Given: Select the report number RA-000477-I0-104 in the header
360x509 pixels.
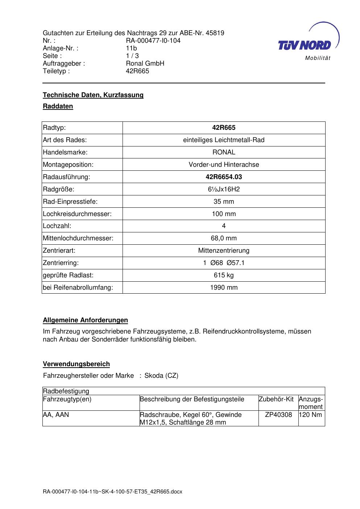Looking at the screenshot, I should point(153,41).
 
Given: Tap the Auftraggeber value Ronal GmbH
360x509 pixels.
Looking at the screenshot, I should point(145,63).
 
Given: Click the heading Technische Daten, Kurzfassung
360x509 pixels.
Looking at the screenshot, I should point(93,95).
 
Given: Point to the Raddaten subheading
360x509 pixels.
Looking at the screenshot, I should point(58,106).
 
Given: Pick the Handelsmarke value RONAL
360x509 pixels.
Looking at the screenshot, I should point(224,152).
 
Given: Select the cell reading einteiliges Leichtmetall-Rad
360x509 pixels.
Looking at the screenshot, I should point(224,140).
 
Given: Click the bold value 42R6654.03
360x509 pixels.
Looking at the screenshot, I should point(224,177).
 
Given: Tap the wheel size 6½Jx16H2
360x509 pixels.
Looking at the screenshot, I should point(224,189).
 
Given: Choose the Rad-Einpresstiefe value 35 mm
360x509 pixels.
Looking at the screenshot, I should point(224,202).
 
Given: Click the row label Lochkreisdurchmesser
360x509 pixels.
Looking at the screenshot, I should point(77,214).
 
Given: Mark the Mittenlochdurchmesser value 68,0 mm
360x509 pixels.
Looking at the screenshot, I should point(224,238).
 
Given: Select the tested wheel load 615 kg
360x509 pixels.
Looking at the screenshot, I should point(224,275).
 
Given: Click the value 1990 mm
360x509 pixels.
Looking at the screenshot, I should point(224,287).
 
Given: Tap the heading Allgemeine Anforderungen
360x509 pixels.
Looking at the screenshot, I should point(85,320).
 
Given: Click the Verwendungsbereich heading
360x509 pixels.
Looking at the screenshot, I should point(76,364).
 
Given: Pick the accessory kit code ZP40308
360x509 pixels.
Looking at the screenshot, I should point(278,415).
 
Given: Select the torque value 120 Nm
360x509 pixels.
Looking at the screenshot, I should point(311,415).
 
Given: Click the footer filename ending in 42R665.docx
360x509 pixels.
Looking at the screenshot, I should point(112,492).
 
